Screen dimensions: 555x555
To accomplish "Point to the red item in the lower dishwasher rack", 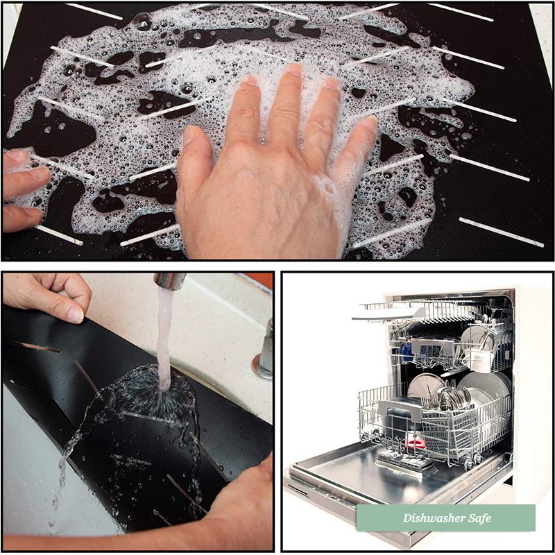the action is coord(416,443).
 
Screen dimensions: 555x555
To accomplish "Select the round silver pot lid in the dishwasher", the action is coord(425,386).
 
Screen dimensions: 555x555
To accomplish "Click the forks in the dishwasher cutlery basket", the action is coord(429,400).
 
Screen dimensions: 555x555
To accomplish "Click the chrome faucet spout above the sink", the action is coord(169,280).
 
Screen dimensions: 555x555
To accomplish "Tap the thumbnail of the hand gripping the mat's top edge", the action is coord(75,315).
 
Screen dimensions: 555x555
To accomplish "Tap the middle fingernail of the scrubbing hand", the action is coord(294,70).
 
